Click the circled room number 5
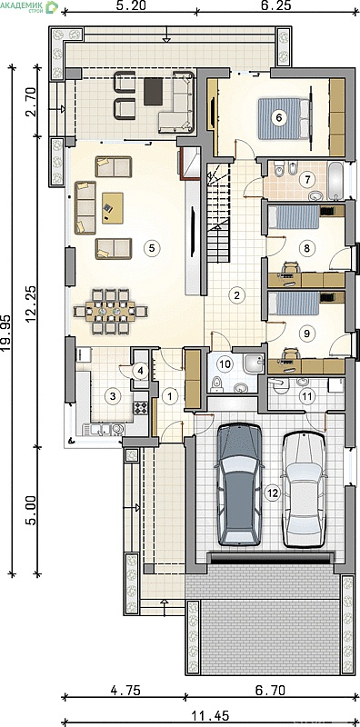click(x=150, y=248)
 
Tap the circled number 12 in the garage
click(x=273, y=493)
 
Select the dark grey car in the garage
click(x=239, y=483)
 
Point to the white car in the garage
click(x=305, y=489)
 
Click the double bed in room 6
click(x=284, y=118)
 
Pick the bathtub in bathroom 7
click(x=335, y=181)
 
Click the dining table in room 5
click(x=110, y=311)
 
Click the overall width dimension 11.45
click(x=210, y=717)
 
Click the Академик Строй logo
click(x=29, y=6)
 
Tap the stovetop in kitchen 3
click(x=141, y=407)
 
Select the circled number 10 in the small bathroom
click(x=225, y=364)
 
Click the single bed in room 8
click(x=295, y=217)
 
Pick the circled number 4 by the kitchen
click(x=140, y=371)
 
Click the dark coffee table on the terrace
click(x=153, y=92)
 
